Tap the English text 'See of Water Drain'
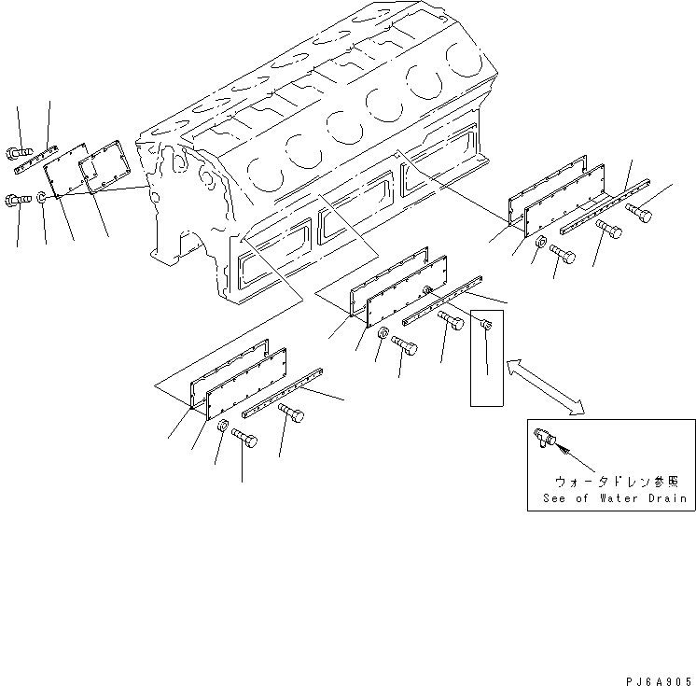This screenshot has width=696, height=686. click(x=615, y=498)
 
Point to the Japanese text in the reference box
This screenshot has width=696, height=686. click(x=622, y=482)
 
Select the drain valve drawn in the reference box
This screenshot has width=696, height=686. click(x=544, y=436)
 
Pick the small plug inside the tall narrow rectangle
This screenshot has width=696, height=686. click(x=486, y=325)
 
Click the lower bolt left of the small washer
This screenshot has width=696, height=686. click(x=20, y=198)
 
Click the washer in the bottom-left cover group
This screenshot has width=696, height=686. click(x=222, y=427)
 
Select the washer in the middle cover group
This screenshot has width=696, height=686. click(x=383, y=335)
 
